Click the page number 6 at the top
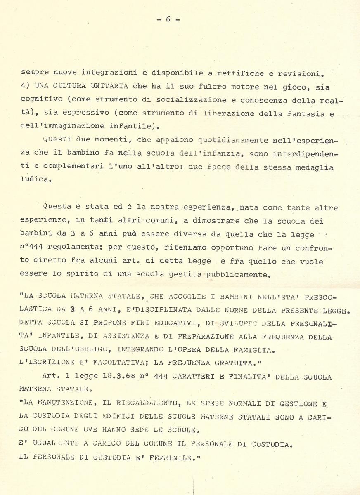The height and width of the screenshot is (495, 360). pyautogui.click(x=168, y=19)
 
